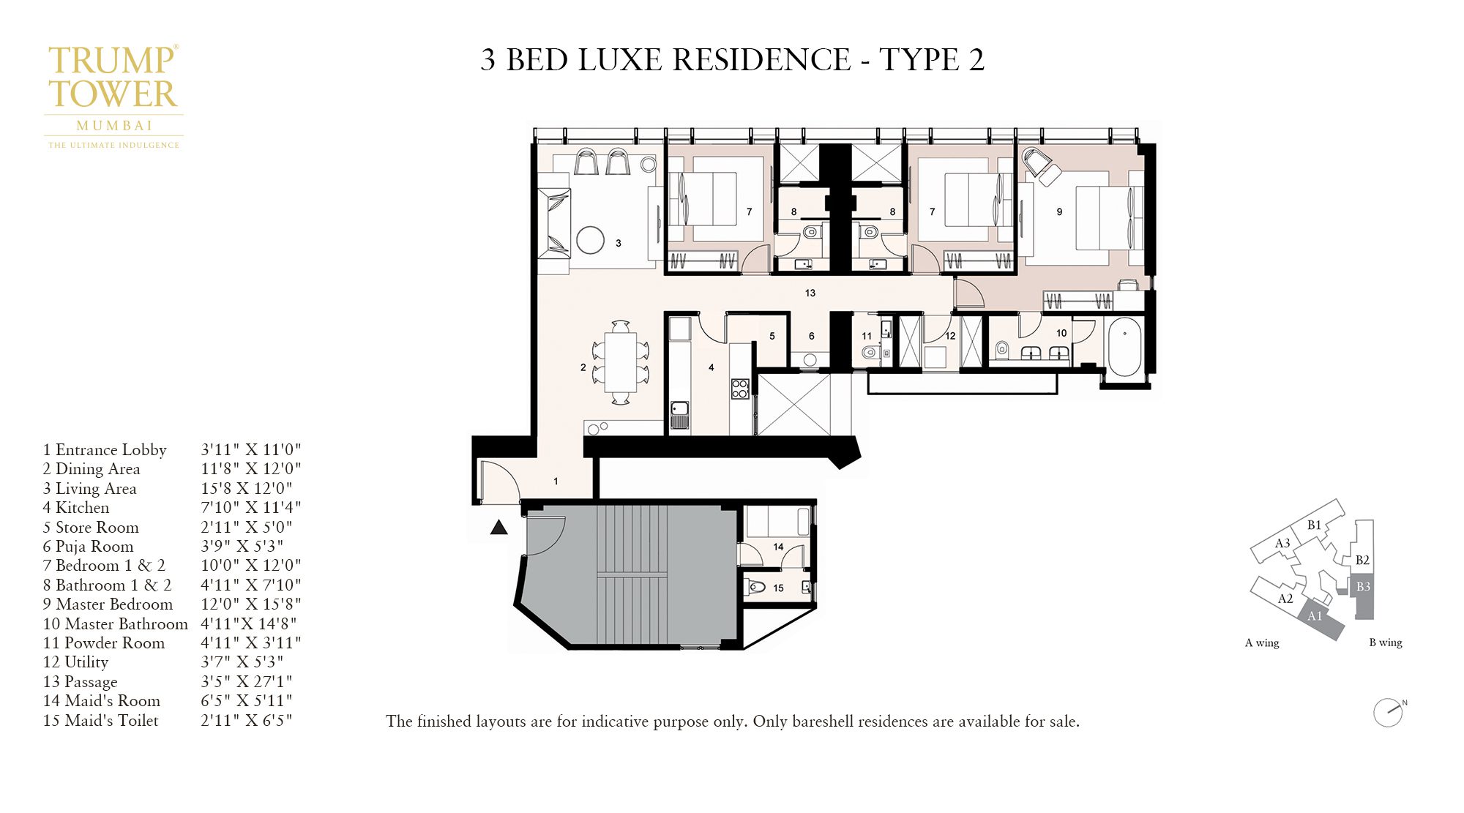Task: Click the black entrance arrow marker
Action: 498,527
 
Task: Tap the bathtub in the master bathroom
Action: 1124,347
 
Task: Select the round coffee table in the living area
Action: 590,239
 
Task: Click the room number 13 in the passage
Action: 810,293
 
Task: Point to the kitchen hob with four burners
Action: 740,389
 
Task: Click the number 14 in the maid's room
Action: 778,547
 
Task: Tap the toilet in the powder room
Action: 869,353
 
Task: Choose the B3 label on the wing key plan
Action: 1363,587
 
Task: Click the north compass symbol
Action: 1388,713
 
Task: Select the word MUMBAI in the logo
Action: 114,126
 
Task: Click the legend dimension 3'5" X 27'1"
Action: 247,681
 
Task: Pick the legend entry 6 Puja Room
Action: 89,546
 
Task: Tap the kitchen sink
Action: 679,414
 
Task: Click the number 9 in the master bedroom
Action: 1059,211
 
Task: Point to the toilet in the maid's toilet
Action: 757,587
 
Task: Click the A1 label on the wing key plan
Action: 1315,616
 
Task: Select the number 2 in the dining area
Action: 583,367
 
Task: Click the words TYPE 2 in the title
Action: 931,60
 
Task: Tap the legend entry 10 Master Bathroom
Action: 116,623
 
